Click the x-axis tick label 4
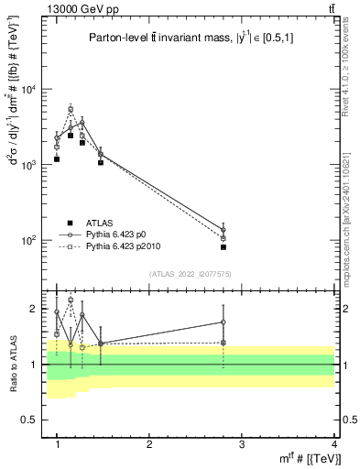click(x=333, y=444)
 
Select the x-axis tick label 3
click(x=241, y=444)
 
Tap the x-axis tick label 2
click(x=149, y=444)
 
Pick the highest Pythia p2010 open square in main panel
click(x=71, y=109)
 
